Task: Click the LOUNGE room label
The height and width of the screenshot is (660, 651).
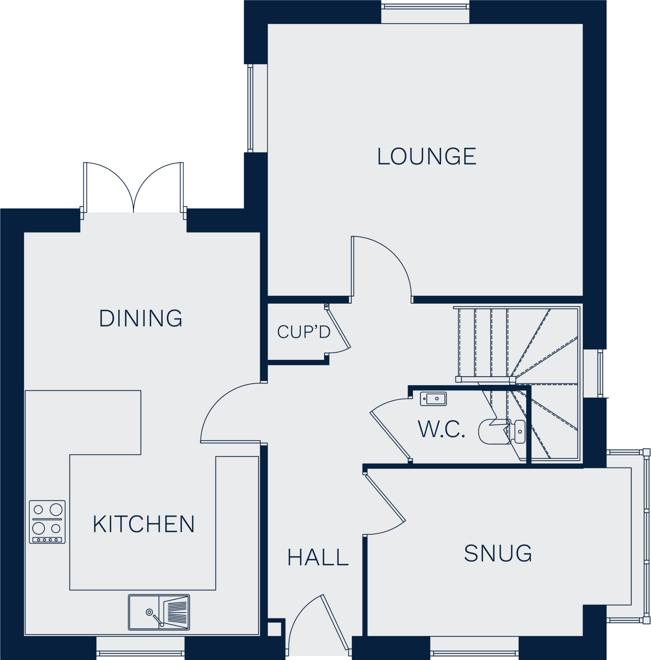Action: (426, 157)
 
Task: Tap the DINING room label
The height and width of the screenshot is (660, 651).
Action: (141, 318)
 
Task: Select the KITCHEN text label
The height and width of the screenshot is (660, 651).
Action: (143, 524)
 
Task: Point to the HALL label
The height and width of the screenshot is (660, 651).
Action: (318, 558)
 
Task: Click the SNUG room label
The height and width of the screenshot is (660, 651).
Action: (497, 553)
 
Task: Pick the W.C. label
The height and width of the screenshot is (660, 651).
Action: (441, 430)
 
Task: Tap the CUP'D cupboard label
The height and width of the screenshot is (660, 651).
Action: (303, 332)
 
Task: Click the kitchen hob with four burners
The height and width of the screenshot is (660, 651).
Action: (47, 522)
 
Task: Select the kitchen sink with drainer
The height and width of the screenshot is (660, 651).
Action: (159, 612)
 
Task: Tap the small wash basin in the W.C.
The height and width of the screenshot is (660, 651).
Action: (433, 399)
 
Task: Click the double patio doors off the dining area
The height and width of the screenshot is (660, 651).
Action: (133, 188)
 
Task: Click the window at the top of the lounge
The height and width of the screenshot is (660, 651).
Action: (425, 14)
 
